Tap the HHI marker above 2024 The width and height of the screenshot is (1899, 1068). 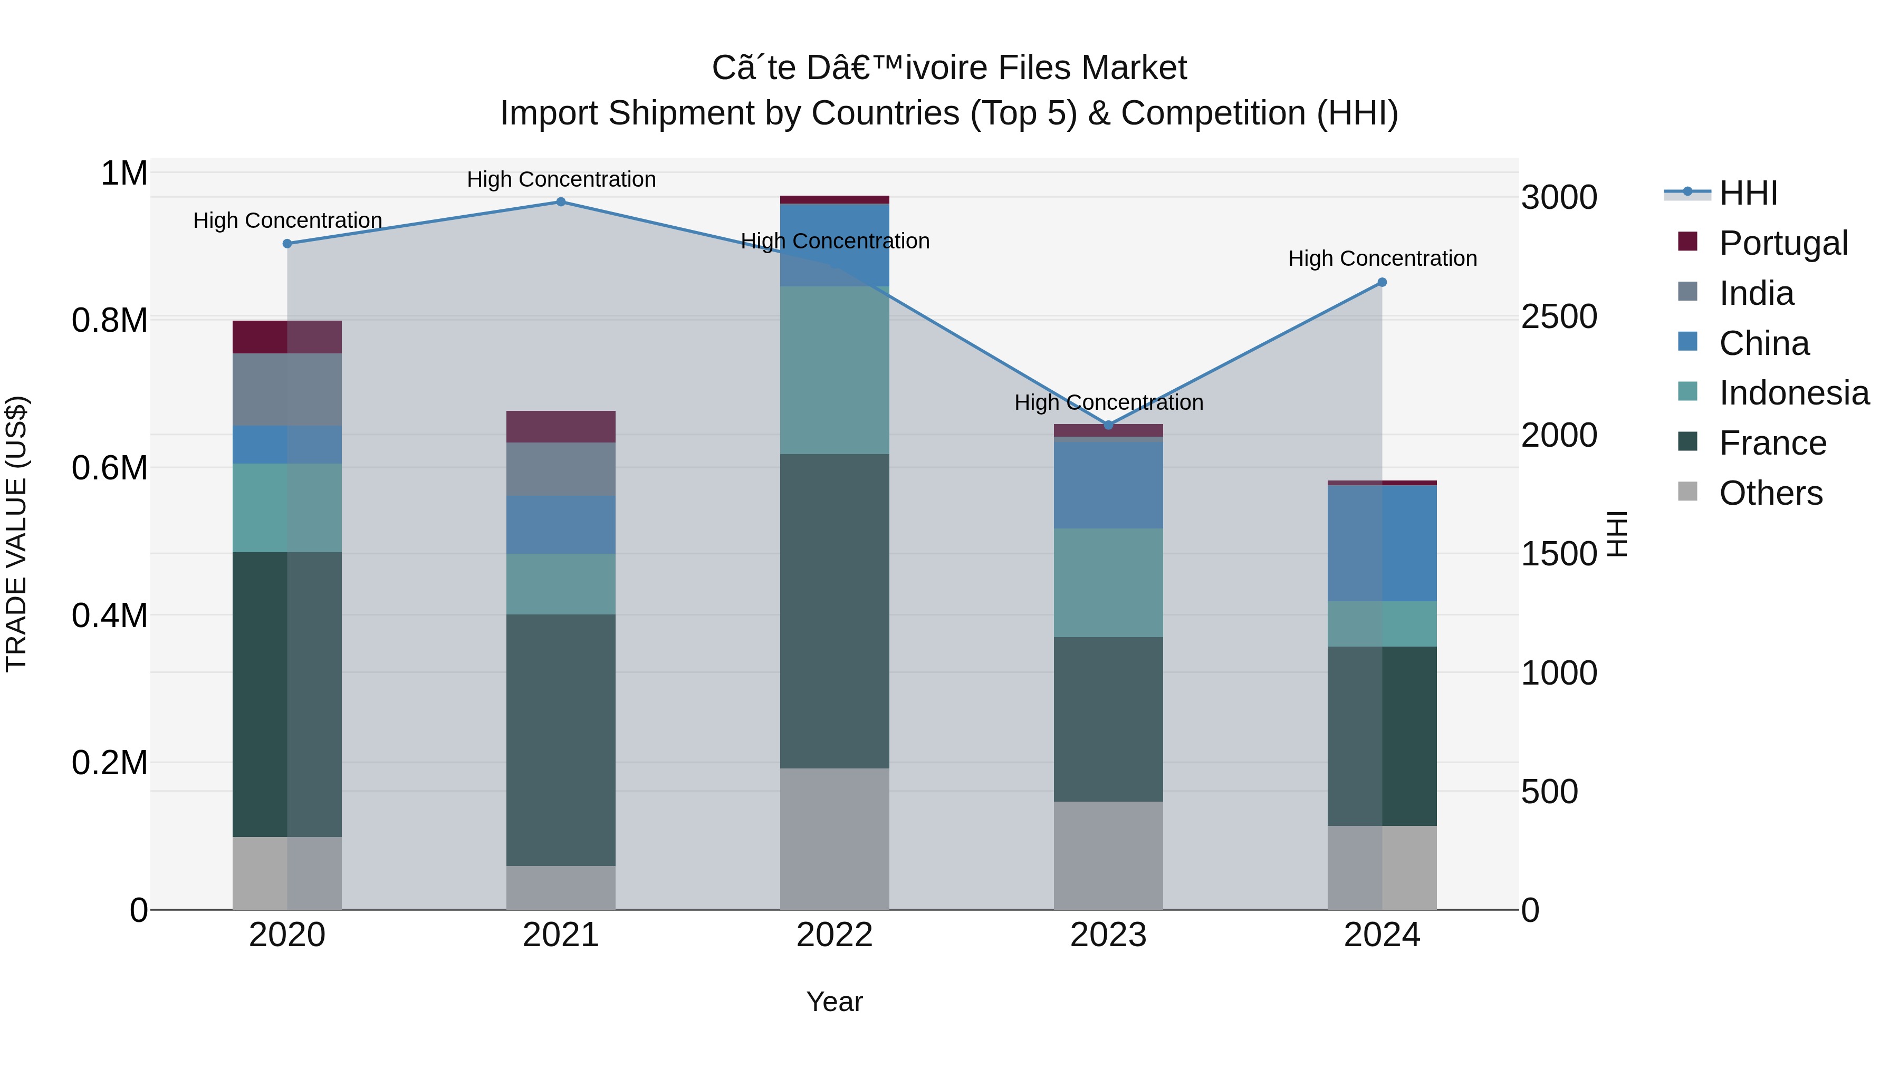pyautogui.click(x=1382, y=282)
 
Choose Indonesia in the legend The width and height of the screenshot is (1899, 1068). pyautogui.click(x=1793, y=393)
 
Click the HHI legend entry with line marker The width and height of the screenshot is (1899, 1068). pyautogui.click(x=1747, y=193)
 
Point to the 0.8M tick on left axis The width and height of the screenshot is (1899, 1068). pyautogui.click(x=109, y=321)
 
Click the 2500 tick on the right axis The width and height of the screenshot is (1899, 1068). pyautogui.click(x=1558, y=317)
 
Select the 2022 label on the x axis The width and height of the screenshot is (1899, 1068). pyautogui.click(x=835, y=935)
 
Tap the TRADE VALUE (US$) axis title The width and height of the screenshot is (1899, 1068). pyautogui.click(x=17, y=534)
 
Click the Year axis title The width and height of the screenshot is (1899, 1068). pyautogui.click(x=835, y=1002)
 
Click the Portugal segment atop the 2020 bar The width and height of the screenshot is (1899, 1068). pyautogui.click(x=287, y=337)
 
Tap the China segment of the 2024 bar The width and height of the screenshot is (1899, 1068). pyautogui.click(x=1382, y=543)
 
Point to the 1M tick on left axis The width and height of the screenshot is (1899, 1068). pyautogui.click(x=124, y=174)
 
